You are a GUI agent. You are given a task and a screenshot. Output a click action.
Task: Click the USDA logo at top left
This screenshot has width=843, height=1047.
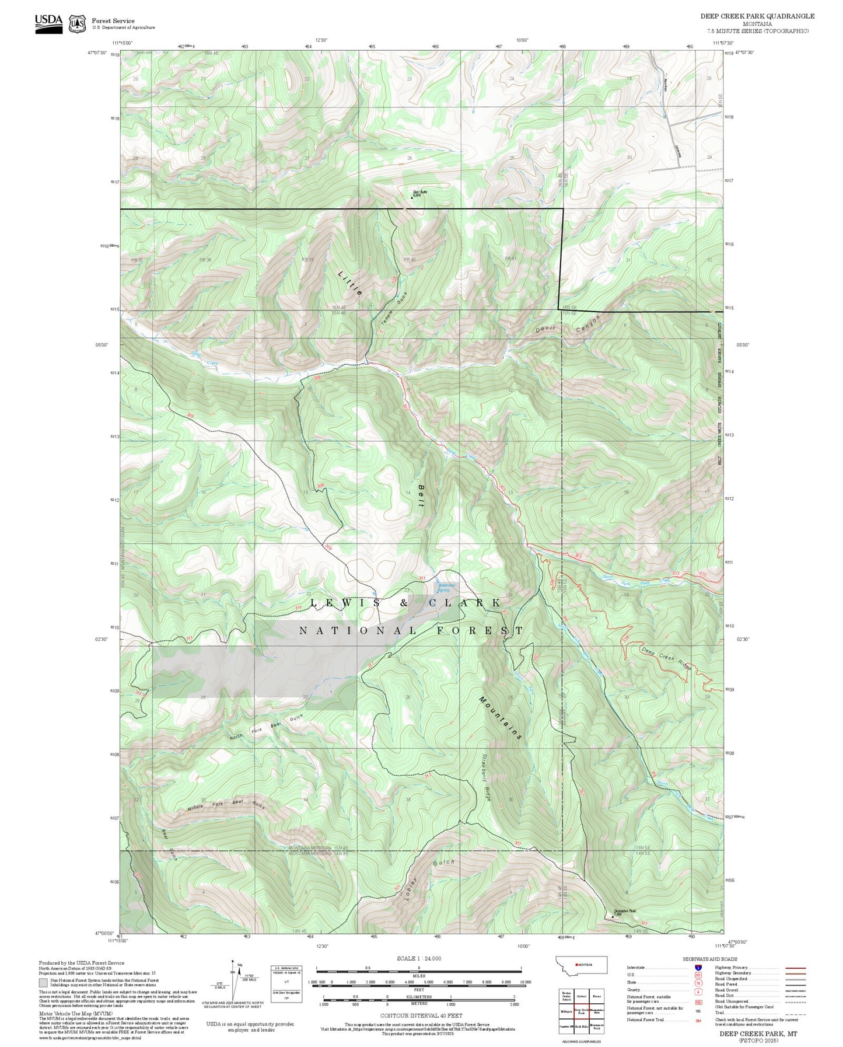pyautogui.click(x=48, y=23)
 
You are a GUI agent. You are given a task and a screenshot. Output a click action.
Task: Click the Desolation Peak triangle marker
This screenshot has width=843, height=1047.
pyautogui.click(x=613, y=916)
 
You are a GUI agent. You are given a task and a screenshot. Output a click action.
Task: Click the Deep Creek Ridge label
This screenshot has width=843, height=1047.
pyautogui.click(x=666, y=658)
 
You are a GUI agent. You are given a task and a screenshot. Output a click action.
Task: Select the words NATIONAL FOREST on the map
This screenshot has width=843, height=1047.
pyautogui.click(x=411, y=631)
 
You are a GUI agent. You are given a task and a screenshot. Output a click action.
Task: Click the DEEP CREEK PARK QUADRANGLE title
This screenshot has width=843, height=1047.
pyautogui.click(x=757, y=16)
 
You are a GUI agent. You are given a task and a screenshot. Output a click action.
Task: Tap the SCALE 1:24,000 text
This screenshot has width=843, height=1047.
pyautogui.click(x=418, y=958)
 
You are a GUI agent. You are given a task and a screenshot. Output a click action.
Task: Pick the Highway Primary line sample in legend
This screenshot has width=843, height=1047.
pyautogui.click(x=795, y=968)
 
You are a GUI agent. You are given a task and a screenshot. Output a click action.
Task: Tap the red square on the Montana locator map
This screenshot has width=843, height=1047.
pyautogui.click(x=576, y=965)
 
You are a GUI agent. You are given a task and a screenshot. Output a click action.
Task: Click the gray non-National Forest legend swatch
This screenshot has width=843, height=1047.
pyautogui.click(x=43, y=983)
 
